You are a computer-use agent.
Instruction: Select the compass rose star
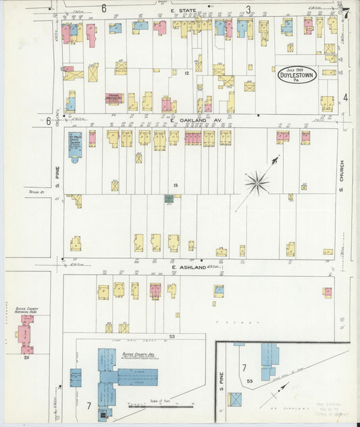tap(257, 180)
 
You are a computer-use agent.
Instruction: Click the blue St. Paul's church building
tap(74, 145)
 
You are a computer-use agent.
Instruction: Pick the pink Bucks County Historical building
tap(27, 334)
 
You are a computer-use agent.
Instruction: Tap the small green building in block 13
tap(168, 199)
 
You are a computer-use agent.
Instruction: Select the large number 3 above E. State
tap(248, 9)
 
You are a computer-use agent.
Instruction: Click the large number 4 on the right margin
tap(346, 97)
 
